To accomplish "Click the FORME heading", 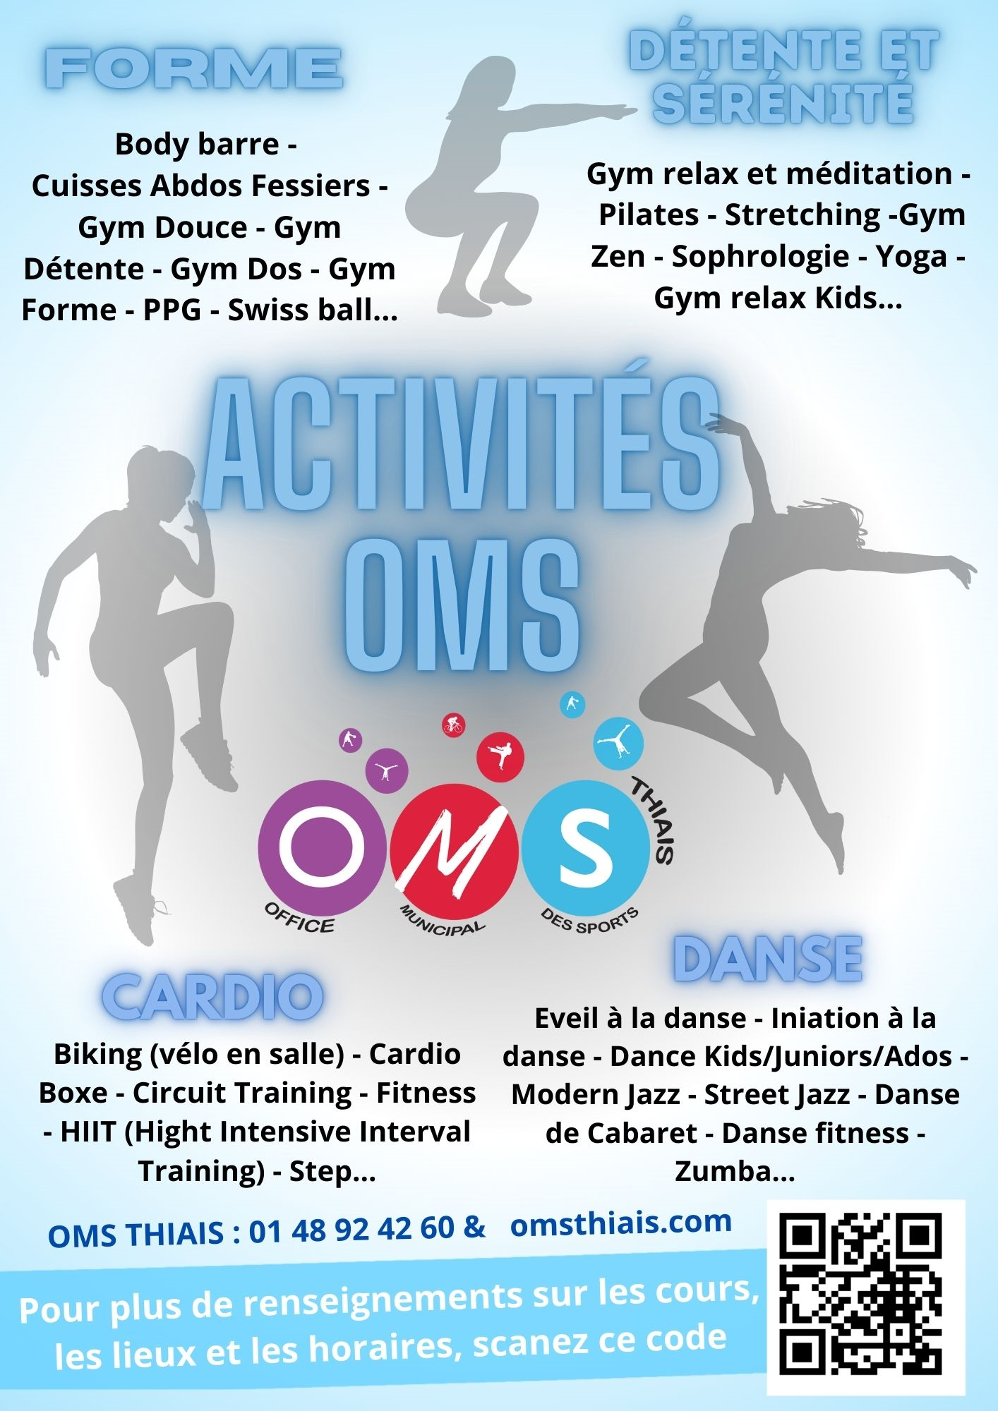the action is (x=194, y=68).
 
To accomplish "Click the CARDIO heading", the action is (x=212, y=995).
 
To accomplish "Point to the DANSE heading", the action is (x=768, y=959).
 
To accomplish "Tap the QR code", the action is (x=865, y=1297).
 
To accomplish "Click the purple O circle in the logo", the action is (x=322, y=847).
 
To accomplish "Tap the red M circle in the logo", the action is (x=455, y=849).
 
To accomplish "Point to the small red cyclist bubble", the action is (x=453, y=725).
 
